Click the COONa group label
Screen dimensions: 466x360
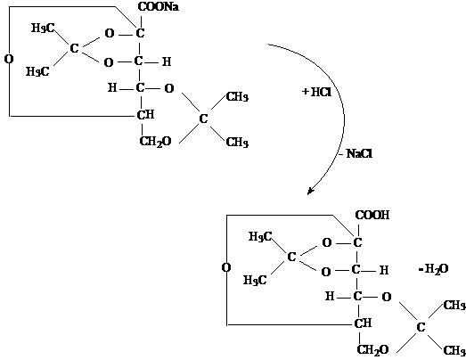click(x=159, y=7)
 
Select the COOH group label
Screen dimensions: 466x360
click(x=372, y=215)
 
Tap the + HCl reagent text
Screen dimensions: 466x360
click(x=316, y=92)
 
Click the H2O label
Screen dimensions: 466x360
click(x=434, y=269)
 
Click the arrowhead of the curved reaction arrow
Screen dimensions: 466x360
click(x=310, y=192)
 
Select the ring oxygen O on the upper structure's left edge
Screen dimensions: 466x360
click(x=9, y=59)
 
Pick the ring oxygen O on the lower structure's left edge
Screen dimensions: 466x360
click(x=226, y=267)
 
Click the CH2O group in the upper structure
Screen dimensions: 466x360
click(x=155, y=142)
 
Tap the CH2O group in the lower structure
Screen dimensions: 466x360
click(x=372, y=350)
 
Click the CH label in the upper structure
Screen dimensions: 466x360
click(x=145, y=115)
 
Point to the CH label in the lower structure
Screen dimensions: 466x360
click(x=363, y=323)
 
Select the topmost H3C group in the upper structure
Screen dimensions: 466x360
click(x=43, y=29)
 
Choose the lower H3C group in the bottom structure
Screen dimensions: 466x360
click(x=255, y=281)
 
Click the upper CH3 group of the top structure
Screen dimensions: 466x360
click(x=237, y=97)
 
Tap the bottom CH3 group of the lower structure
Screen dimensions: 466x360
click(x=454, y=351)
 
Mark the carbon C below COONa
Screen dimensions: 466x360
click(x=140, y=33)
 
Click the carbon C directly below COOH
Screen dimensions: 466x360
click(x=357, y=242)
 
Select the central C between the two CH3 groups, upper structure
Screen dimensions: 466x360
click(x=203, y=119)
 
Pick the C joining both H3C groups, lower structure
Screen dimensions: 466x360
click(x=291, y=257)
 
